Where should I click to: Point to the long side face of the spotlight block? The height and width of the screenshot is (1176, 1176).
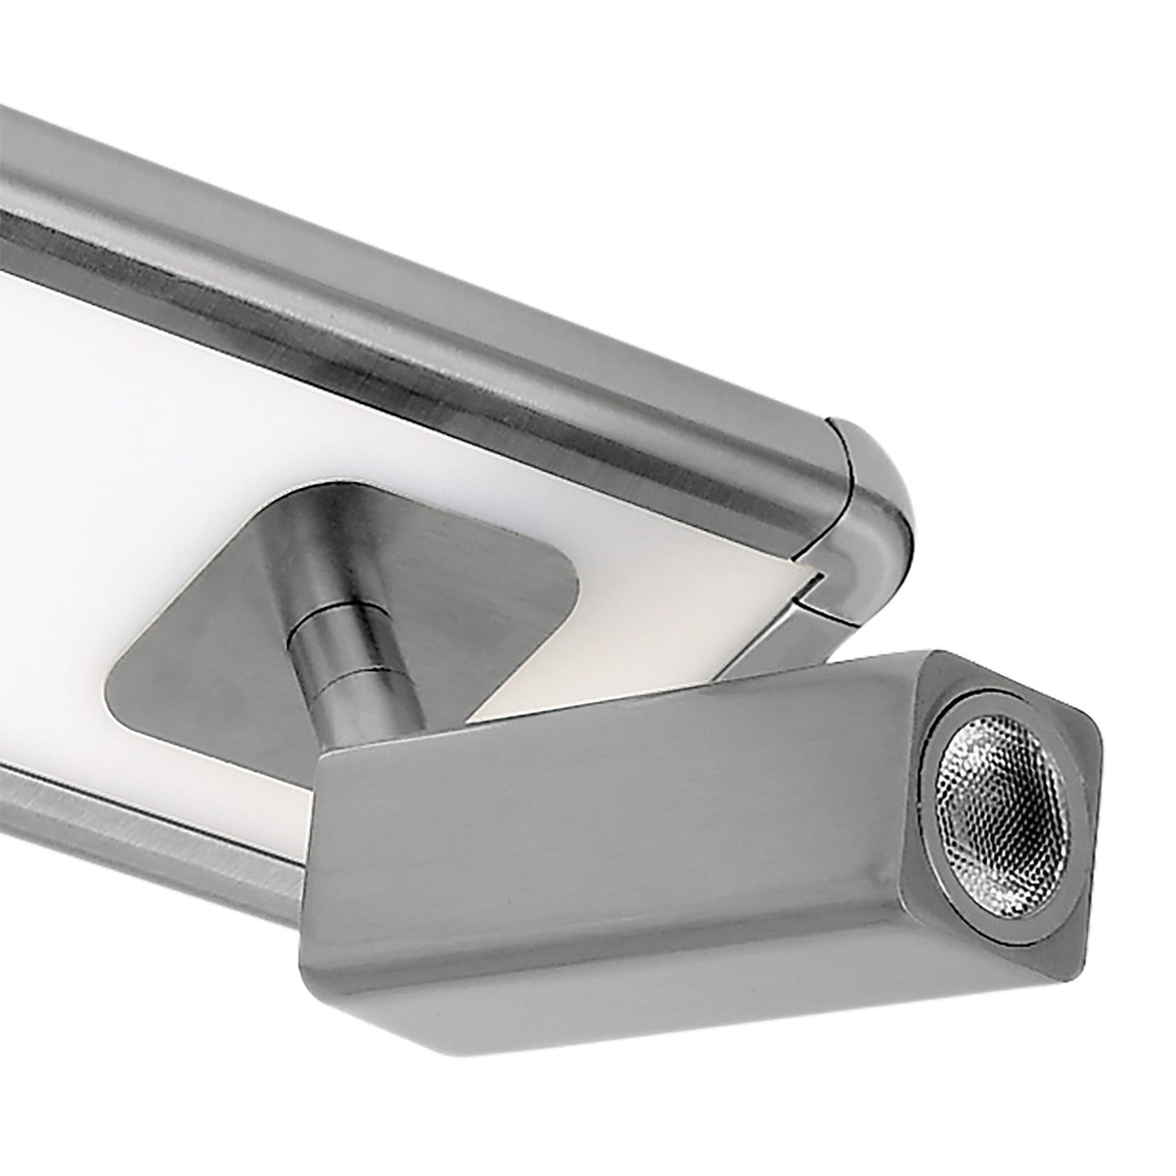(x=620, y=891)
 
